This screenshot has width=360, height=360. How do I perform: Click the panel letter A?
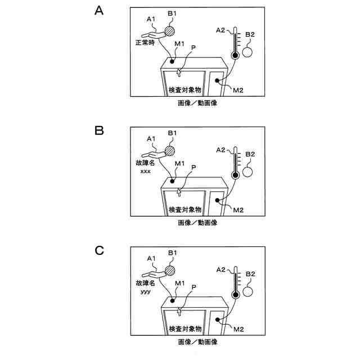tap(100, 12)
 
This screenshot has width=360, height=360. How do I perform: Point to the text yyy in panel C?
tap(146, 292)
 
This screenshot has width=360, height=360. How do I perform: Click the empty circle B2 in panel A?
tap(247, 52)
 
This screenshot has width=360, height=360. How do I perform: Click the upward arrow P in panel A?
tap(179, 71)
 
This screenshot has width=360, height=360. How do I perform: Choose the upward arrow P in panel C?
tap(179, 310)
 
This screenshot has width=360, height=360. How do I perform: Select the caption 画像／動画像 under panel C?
tap(197, 341)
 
